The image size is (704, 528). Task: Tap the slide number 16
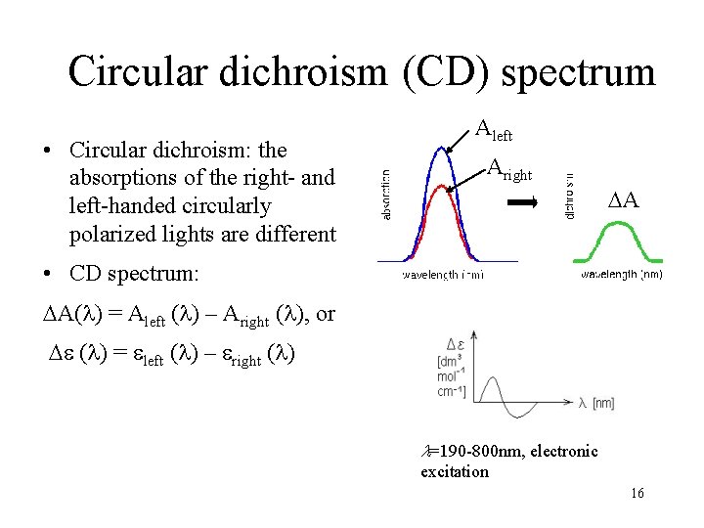(638, 493)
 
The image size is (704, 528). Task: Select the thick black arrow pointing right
(524, 203)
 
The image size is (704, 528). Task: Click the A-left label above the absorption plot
(494, 128)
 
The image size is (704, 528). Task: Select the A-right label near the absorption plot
(508, 170)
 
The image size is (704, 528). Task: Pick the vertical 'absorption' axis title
(386, 195)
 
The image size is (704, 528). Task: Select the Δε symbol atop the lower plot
(455, 344)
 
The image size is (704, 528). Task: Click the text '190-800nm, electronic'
(514, 451)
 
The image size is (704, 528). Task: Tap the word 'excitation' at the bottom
(455, 471)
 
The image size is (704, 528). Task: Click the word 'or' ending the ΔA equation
(326, 314)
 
